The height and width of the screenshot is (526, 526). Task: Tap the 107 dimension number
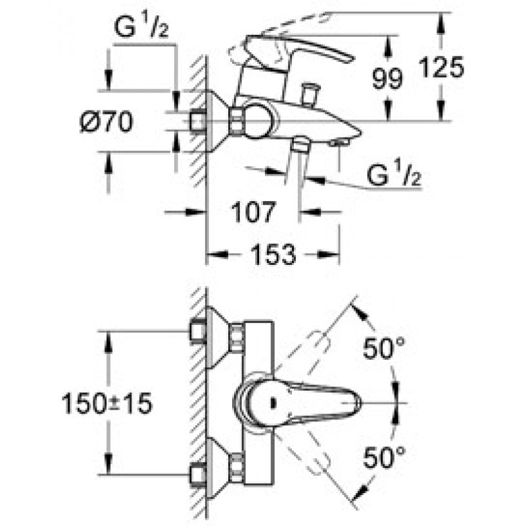point(252,212)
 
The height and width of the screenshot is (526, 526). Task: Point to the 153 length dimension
point(273,254)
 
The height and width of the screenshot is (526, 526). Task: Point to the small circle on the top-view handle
point(270,401)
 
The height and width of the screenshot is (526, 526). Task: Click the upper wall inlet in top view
point(197,332)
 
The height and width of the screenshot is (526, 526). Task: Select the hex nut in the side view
point(235,121)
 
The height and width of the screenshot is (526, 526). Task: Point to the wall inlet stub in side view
point(197,121)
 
